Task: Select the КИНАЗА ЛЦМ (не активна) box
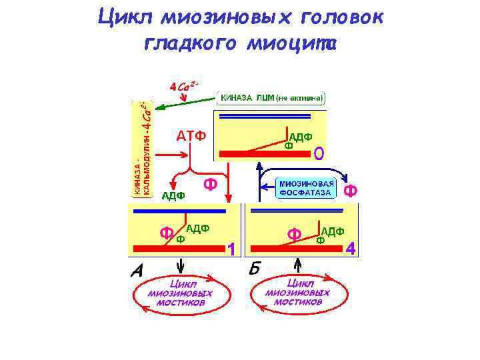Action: click(x=272, y=98)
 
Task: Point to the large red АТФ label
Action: click(x=191, y=136)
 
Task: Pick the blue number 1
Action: click(x=231, y=249)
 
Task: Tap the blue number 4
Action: click(x=351, y=249)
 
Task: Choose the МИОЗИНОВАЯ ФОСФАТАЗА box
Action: click(x=306, y=188)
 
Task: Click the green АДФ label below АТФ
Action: click(x=173, y=195)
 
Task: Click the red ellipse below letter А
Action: click(x=183, y=293)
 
